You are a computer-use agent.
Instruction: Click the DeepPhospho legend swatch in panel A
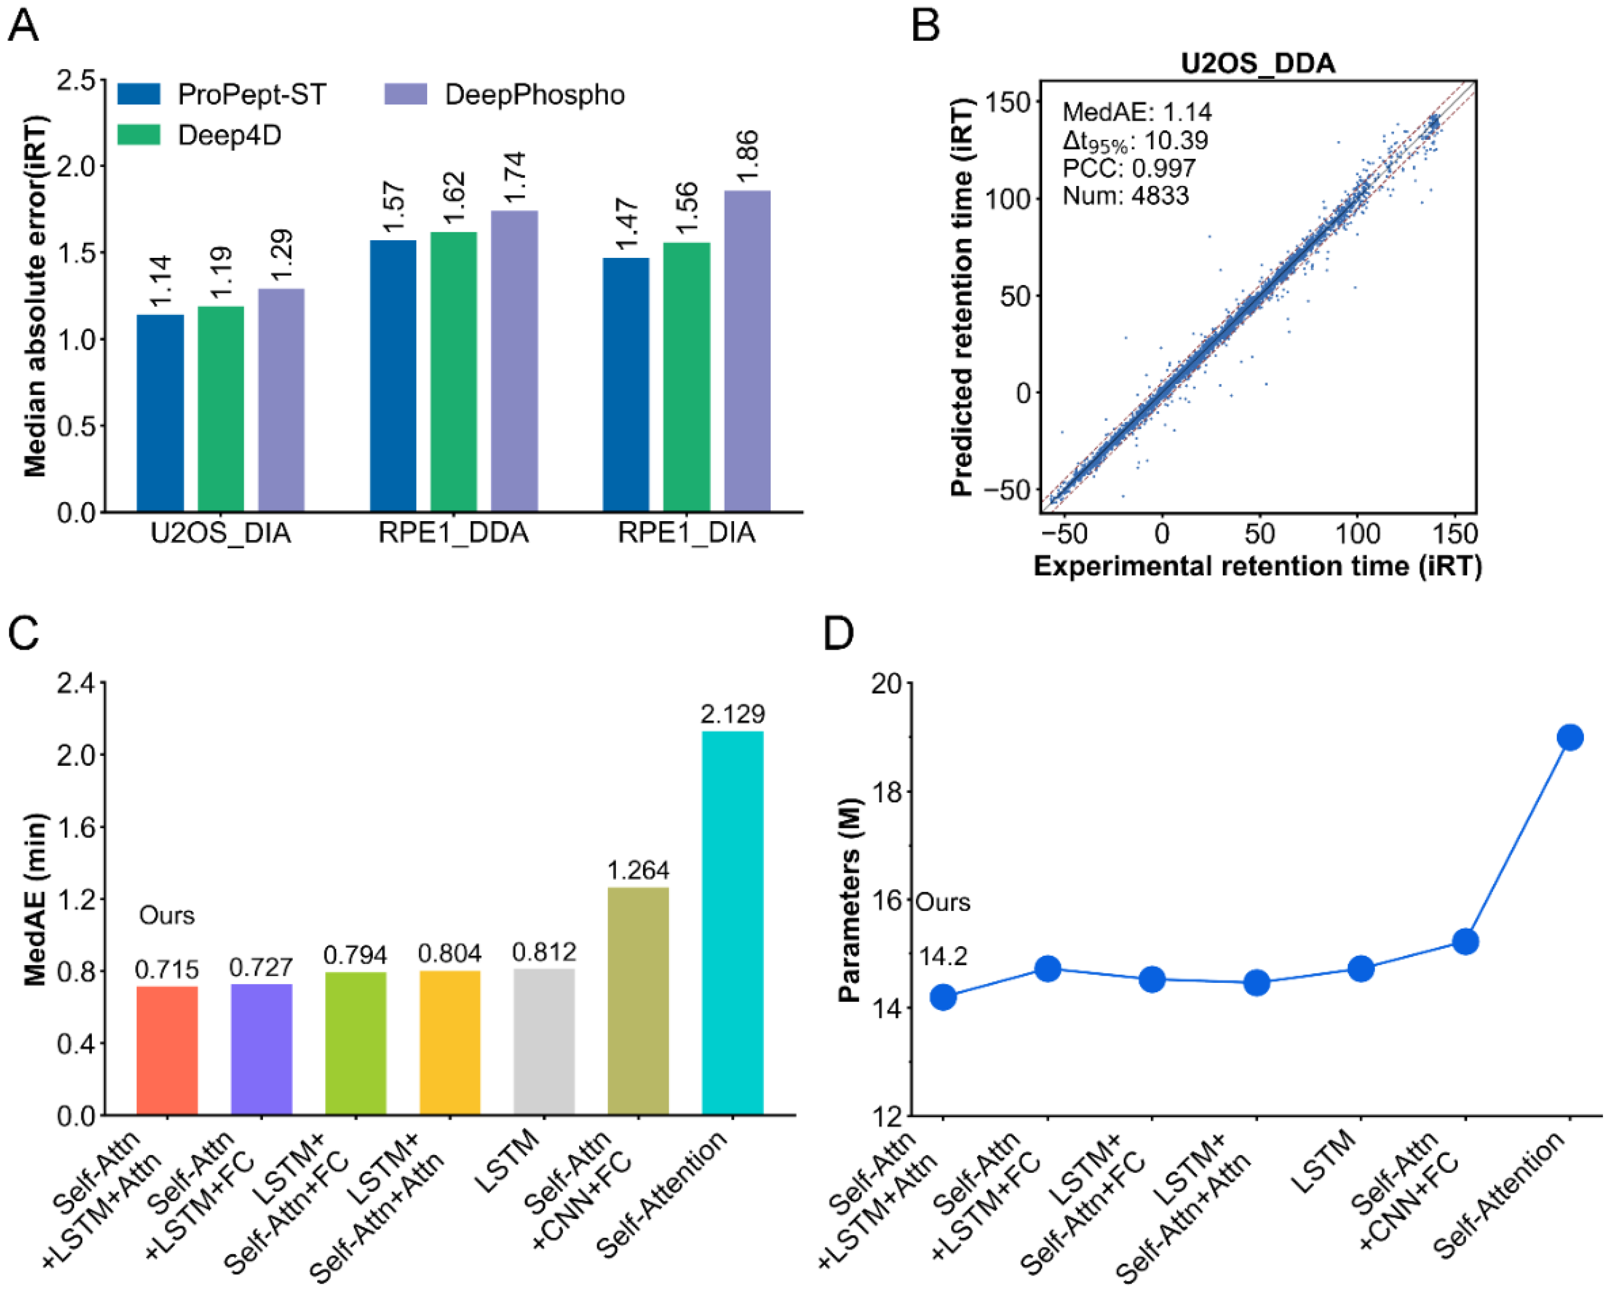click(x=405, y=94)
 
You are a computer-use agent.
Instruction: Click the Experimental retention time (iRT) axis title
click(x=1257, y=566)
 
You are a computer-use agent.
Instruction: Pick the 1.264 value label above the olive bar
click(x=638, y=871)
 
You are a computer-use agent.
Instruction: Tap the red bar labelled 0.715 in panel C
click(x=167, y=1051)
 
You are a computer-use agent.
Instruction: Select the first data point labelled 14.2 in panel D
click(x=943, y=997)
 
